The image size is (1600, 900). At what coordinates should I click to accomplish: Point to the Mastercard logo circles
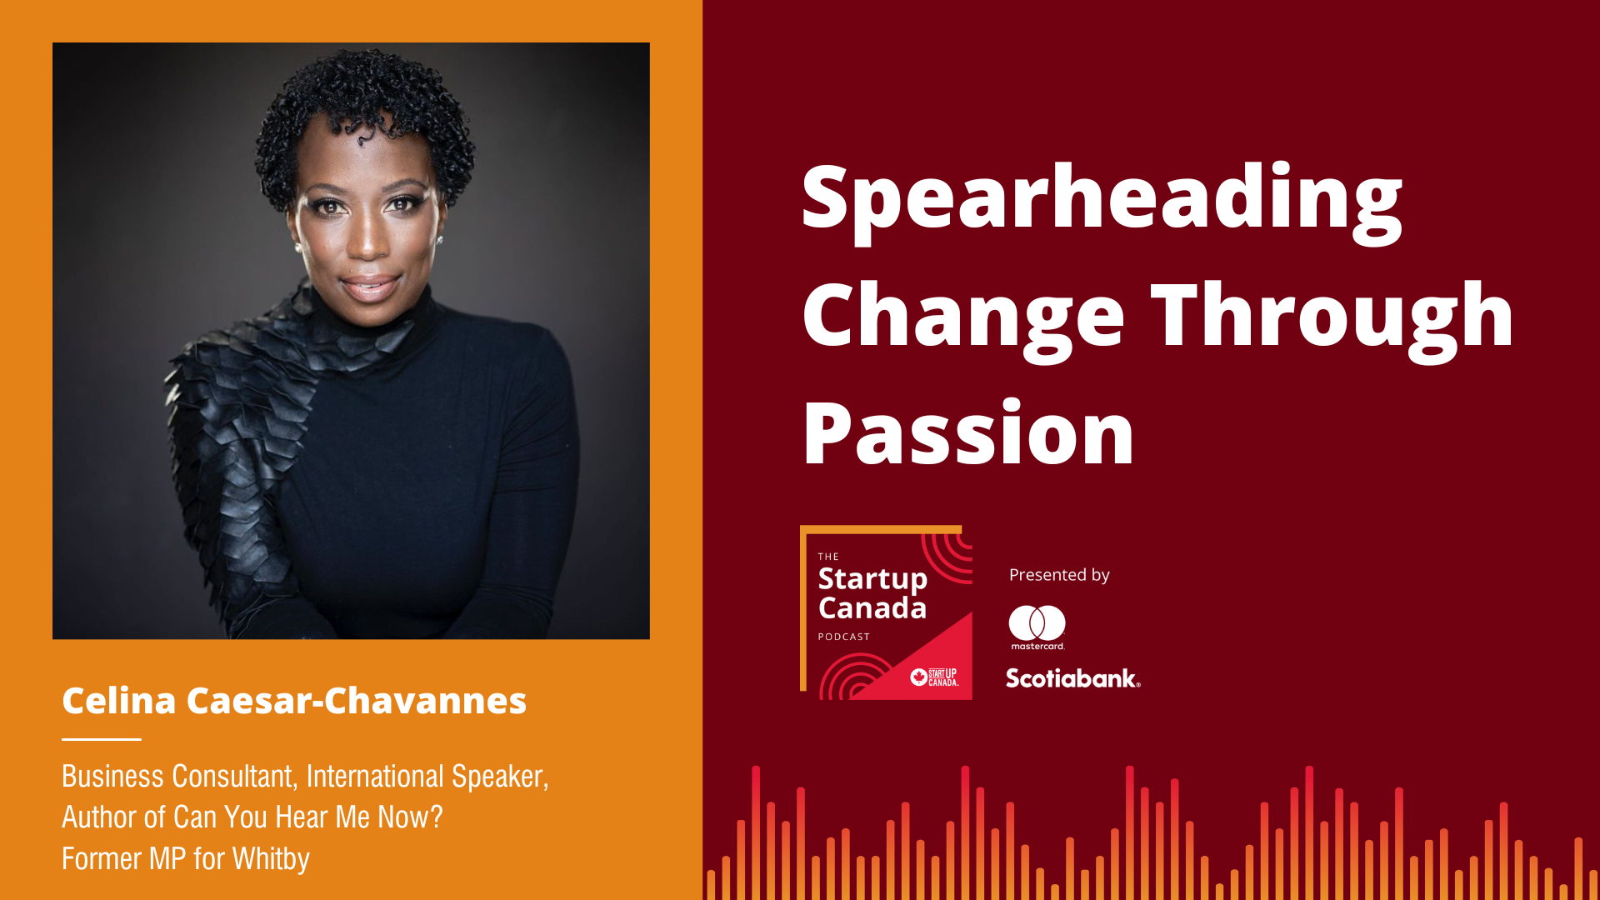pos(1037,622)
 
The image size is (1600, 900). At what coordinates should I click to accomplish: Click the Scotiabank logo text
pos(1072,678)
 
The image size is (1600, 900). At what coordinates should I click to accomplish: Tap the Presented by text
pos(1059,575)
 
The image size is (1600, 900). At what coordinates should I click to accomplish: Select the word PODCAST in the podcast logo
pos(843,637)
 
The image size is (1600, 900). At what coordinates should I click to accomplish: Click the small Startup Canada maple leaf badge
pos(919,677)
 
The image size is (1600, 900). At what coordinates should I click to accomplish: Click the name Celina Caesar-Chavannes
pos(294,701)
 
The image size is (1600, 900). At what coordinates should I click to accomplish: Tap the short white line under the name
pos(102,739)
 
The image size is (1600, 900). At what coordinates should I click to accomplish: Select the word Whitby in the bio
pos(271,859)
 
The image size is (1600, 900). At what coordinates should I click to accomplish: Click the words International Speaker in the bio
pos(427,777)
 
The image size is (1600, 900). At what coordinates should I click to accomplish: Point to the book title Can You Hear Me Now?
pos(308,817)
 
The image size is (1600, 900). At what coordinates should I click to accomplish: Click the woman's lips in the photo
pos(370,287)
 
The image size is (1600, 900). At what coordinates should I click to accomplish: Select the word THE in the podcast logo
pos(828,557)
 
